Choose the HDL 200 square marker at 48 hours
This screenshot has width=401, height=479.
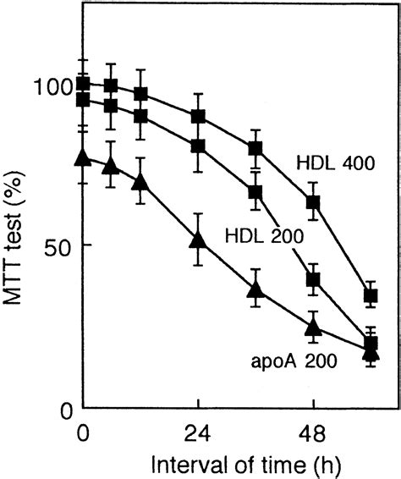coord(313,279)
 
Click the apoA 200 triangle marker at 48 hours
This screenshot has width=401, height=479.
coord(313,328)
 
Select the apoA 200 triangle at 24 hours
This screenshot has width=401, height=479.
coord(197,239)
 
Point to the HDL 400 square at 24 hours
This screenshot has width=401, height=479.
coord(197,116)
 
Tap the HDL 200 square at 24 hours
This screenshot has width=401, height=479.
coord(197,146)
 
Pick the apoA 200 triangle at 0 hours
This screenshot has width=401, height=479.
coord(82,157)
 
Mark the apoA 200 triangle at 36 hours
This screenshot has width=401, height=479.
coord(255,290)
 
